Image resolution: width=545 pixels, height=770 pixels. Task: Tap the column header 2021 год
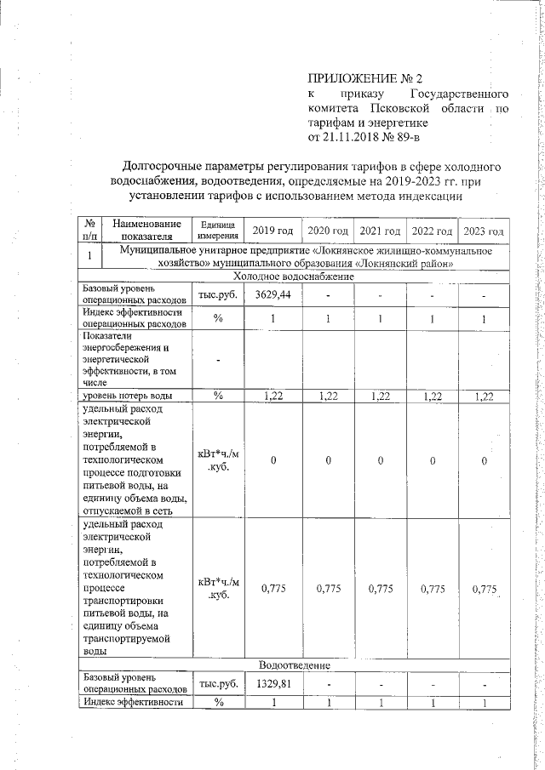(x=380, y=231)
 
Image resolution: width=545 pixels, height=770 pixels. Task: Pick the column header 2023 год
(x=483, y=231)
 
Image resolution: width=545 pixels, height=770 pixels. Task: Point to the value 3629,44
(x=273, y=294)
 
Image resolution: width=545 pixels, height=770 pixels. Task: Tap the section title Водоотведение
(x=294, y=664)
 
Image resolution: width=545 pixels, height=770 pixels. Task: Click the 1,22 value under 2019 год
(x=273, y=396)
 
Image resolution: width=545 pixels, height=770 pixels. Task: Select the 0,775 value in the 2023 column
(x=483, y=588)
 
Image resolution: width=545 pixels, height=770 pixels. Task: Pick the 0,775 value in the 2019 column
(x=273, y=588)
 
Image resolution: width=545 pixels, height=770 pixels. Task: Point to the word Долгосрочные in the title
(x=171, y=167)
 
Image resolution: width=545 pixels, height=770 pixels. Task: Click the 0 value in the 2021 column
(x=380, y=460)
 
